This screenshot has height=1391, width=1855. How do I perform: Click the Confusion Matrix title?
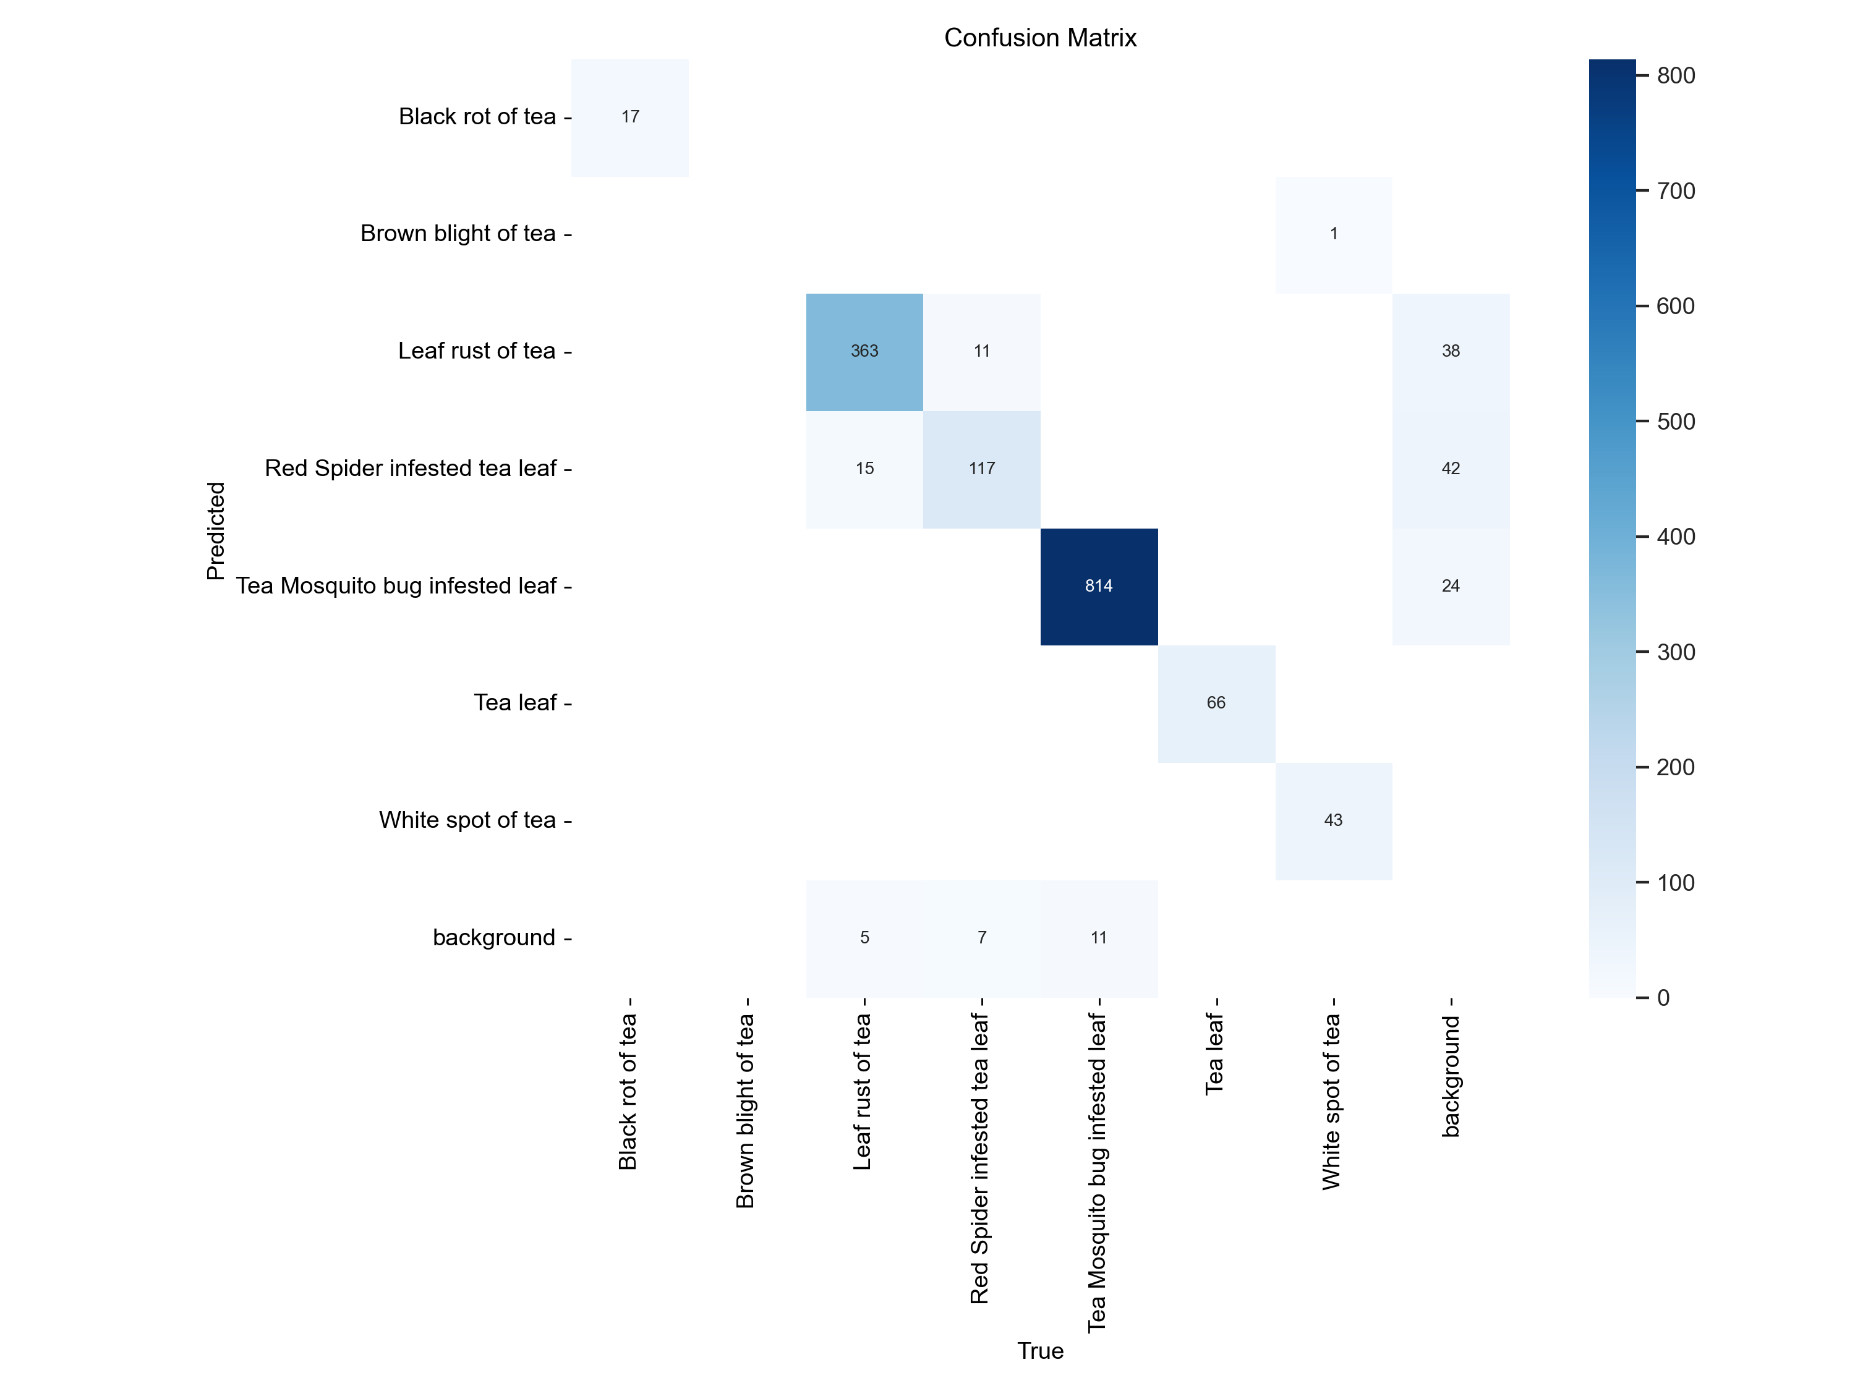1040,38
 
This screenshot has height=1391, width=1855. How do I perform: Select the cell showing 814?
1099,586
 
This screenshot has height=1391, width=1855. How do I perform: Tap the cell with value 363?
864,351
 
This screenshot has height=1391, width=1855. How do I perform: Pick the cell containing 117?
982,469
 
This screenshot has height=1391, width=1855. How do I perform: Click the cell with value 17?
630,117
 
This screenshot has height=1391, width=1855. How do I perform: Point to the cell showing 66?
1216,703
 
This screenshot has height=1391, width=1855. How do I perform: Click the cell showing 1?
1333,234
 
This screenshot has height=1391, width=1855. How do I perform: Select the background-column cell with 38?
1451,351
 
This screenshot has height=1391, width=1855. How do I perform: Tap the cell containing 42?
1451,469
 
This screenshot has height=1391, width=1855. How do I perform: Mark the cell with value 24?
1451,586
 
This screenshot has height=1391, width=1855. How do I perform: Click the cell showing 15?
864,469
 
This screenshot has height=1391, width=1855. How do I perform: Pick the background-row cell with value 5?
864,937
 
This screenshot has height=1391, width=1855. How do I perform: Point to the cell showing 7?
982,937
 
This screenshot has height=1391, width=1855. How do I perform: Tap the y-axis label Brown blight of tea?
458,233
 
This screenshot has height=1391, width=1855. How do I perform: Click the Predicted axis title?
216,530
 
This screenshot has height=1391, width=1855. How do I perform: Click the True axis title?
1040,1351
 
